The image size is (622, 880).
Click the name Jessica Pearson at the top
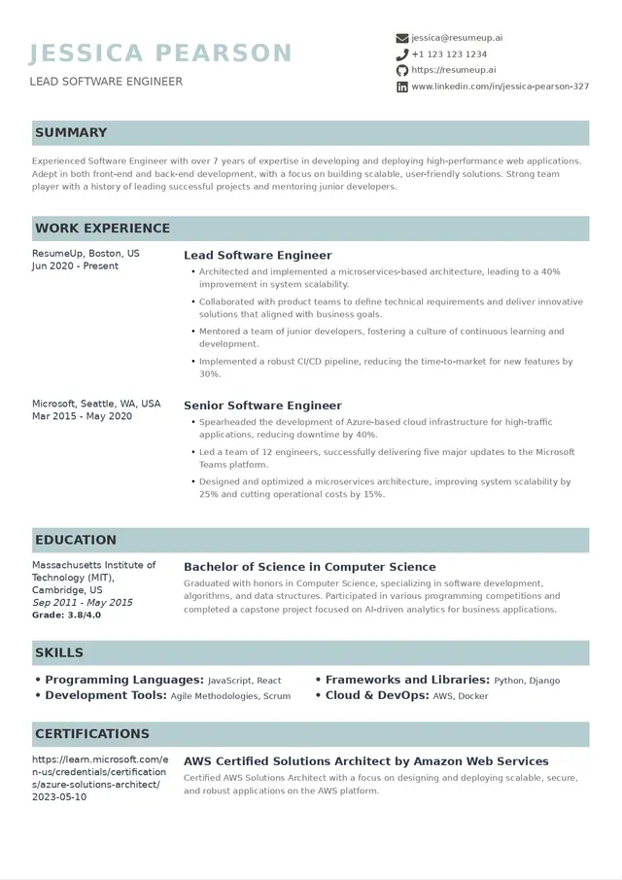coord(160,53)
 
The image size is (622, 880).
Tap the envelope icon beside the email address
coord(402,38)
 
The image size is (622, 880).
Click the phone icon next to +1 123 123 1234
coord(402,54)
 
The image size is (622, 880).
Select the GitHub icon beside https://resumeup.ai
coord(402,70)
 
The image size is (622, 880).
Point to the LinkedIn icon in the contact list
coord(402,87)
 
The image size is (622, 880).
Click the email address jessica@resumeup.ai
coord(457,38)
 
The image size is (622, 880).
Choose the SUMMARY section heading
coord(71,132)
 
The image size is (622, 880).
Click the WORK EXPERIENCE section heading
coord(102,229)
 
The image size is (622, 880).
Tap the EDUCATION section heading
coord(76,540)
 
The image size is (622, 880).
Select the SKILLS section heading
coord(59,652)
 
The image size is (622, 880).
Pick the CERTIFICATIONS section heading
coord(92,733)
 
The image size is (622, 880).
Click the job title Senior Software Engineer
coord(262,405)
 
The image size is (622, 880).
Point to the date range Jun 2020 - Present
coord(75,265)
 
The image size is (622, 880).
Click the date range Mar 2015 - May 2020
coord(82,416)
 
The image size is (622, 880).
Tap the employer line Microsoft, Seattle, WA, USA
coord(96,404)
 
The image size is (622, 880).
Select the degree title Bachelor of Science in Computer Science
coord(310,567)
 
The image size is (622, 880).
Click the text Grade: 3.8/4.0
coord(67,615)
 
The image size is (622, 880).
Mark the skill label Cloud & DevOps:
coord(377,695)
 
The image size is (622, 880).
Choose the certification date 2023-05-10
coord(59,796)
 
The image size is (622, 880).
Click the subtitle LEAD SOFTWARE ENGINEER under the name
coord(106,82)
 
